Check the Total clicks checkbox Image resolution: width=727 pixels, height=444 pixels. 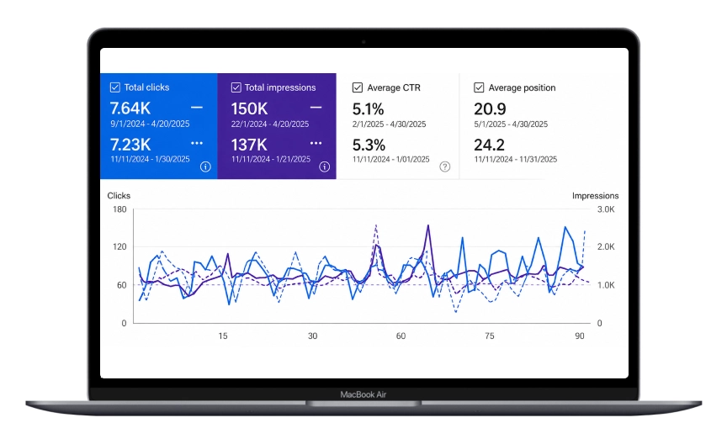click(x=115, y=87)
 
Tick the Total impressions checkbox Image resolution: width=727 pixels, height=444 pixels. click(x=236, y=87)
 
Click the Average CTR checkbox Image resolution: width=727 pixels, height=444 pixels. click(x=358, y=87)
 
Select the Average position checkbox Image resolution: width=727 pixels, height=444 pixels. click(x=479, y=87)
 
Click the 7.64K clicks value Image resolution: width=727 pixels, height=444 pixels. click(x=130, y=108)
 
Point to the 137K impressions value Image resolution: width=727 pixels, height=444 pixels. click(x=249, y=145)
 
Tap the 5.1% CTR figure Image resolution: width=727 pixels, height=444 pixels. click(x=369, y=109)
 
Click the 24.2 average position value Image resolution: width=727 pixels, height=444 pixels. click(x=489, y=145)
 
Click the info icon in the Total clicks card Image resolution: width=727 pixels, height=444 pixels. click(x=205, y=166)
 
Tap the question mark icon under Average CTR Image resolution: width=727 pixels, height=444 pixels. click(x=444, y=166)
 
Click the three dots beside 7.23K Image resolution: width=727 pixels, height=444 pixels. click(x=197, y=143)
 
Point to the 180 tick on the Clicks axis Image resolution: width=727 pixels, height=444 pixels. click(x=119, y=209)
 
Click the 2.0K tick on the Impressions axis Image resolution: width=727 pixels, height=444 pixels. click(x=606, y=246)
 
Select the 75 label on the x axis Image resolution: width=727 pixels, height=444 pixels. click(x=490, y=336)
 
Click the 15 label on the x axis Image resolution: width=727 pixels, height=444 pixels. click(x=223, y=336)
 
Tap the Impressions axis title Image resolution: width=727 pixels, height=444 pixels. click(x=596, y=196)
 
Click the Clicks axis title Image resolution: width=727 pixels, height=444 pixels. click(x=119, y=196)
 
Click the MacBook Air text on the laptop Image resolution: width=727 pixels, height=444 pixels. click(x=363, y=394)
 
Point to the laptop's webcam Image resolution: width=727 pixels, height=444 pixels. click(x=363, y=42)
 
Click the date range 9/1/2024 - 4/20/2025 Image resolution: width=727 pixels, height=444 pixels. click(x=150, y=124)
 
